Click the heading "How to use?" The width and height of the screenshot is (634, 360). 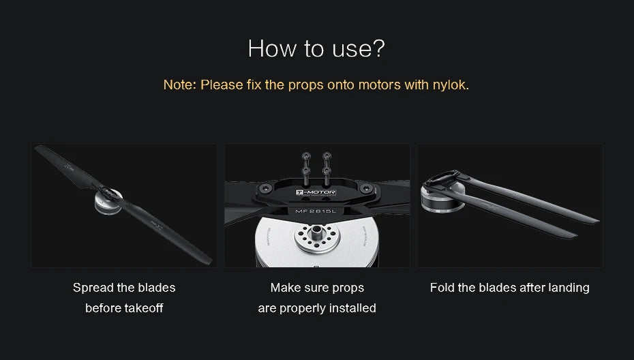(x=316, y=48)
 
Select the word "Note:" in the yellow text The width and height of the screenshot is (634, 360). (x=179, y=85)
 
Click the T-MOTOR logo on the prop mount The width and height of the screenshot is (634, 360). (x=316, y=192)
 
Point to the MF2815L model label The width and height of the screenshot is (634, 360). (x=316, y=211)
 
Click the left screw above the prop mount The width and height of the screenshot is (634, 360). (x=306, y=168)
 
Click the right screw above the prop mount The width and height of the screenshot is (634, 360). (x=327, y=168)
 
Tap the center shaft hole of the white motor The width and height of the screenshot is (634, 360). (x=316, y=231)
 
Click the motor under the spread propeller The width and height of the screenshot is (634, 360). (x=108, y=202)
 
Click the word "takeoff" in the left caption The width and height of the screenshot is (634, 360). (x=144, y=308)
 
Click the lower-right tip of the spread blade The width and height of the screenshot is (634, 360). (x=210, y=263)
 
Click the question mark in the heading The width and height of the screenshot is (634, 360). (x=378, y=48)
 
